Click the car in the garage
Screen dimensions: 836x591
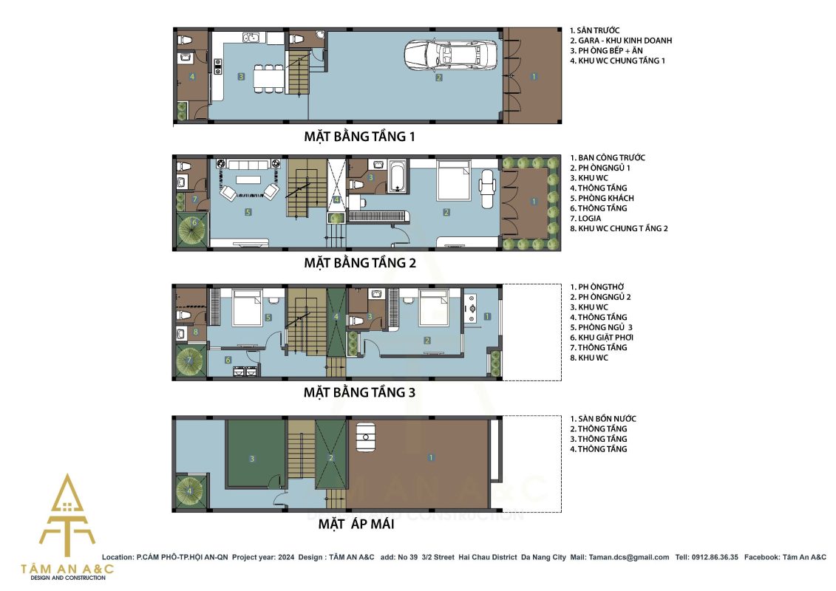point(450,54)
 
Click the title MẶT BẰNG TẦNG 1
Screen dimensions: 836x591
point(359,137)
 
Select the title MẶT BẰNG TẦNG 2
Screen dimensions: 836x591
point(360,263)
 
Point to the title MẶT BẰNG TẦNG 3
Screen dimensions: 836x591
point(359,393)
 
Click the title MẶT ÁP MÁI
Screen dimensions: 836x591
point(356,524)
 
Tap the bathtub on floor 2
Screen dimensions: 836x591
point(397,175)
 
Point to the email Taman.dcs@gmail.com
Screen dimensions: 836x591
point(628,558)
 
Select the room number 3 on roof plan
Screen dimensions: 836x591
point(252,458)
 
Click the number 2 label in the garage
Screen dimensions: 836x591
point(439,78)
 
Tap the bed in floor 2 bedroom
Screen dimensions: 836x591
point(453,179)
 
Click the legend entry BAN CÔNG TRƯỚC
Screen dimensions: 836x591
point(608,158)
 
